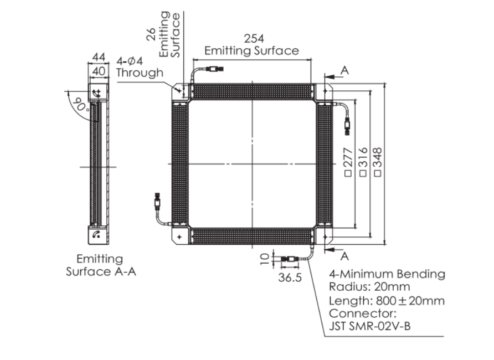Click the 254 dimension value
(x=254, y=39)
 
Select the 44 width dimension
(x=99, y=57)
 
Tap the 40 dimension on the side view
(x=99, y=71)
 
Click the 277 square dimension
(x=348, y=162)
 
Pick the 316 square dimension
(x=363, y=162)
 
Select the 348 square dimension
(x=378, y=162)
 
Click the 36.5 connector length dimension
(x=290, y=277)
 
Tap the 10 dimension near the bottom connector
(x=265, y=259)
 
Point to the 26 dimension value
(x=151, y=34)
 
